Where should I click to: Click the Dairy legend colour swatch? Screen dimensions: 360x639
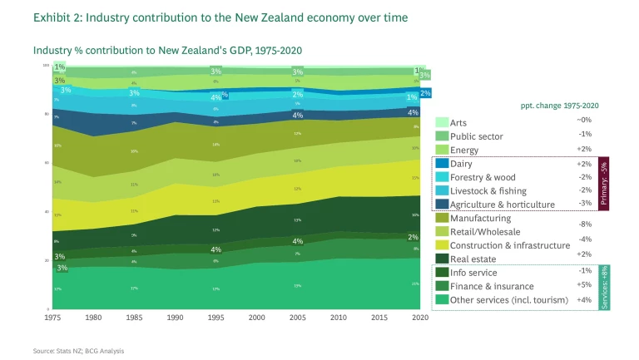point(442,165)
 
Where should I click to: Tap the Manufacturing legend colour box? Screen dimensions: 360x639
point(442,218)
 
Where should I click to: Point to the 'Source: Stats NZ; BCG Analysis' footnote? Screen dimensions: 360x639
point(78,351)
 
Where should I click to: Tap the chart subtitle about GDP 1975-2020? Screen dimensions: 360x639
point(167,50)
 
